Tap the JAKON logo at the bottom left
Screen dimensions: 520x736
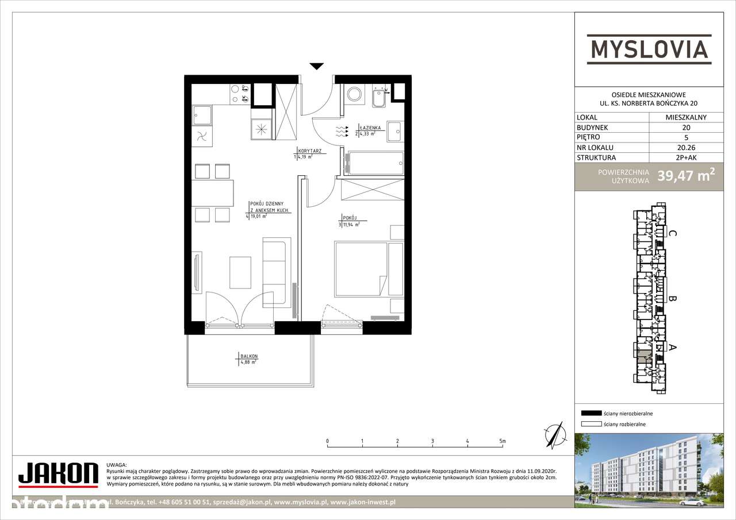coord(57,473)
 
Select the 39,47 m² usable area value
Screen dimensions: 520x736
coord(686,176)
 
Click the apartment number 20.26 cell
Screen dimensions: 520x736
coord(686,147)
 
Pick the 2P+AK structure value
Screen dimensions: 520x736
coord(686,157)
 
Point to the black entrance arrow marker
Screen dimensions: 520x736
coord(316,66)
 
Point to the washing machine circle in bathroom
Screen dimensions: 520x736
coord(352,94)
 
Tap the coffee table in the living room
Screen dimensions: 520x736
coord(240,272)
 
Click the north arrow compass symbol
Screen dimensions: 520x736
coord(554,434)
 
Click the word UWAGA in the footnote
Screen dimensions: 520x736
coord(117,464)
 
